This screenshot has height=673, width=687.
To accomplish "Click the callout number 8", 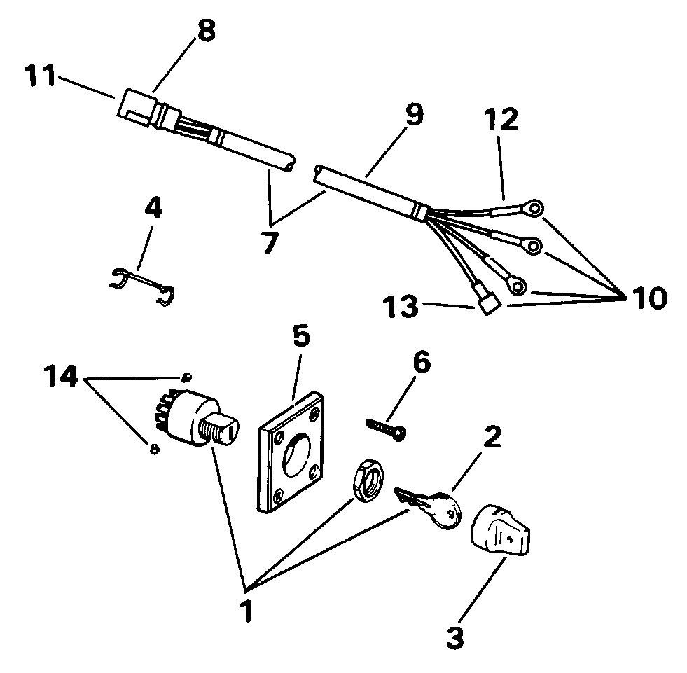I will pyautogui.click(x=208, y=32).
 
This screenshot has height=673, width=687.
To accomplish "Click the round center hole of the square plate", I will pyautogui.click(x=298, y=455).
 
